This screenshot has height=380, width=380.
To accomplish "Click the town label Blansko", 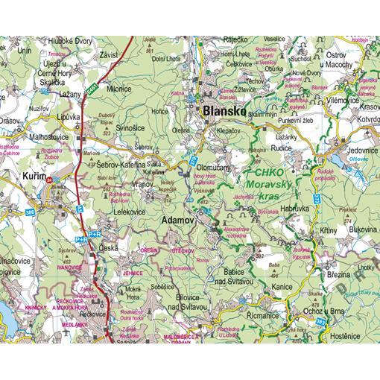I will click(x=224, y=110).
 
